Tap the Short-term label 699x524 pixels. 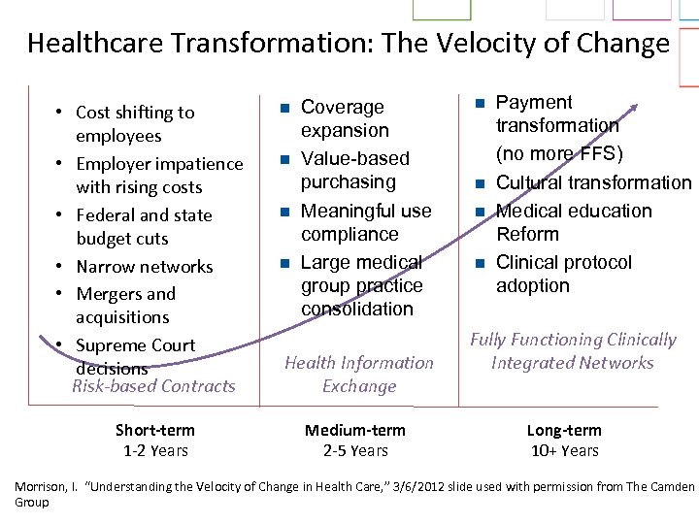point(155,430)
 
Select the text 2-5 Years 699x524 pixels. point(355,450)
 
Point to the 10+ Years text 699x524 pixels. point(564,450)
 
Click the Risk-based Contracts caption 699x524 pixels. point(153,386)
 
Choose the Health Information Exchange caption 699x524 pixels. point(359,374)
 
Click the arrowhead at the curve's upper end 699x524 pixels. point(634,107)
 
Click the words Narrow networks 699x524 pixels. point(144,266)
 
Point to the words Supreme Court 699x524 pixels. point(135,344)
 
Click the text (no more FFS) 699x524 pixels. point(559,153)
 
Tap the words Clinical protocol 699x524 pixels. point(563,262)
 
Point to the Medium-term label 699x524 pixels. point(355,430)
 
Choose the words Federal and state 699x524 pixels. point(144,214)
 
